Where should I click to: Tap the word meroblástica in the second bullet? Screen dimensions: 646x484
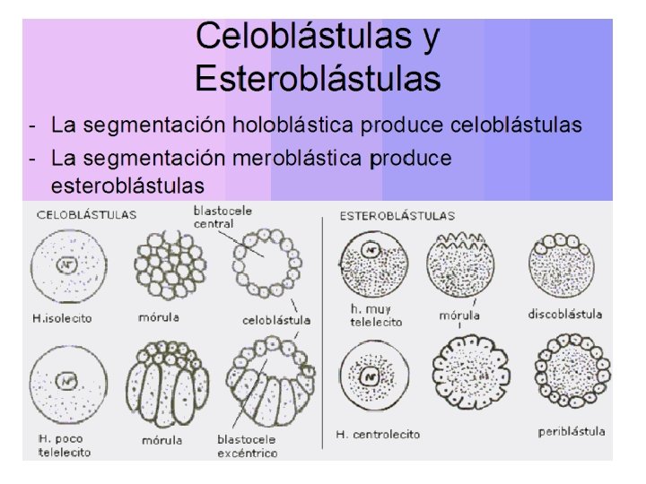[x=299, y=159]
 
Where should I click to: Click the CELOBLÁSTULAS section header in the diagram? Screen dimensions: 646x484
[x=86, y=215]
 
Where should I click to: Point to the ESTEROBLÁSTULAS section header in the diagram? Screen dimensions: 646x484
[x=397, y=215]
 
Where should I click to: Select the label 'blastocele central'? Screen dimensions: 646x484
[x=214, y=217]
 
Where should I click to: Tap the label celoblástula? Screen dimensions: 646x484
[x=276, y=320]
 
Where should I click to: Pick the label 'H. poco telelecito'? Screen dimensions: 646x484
[x=63, y=446]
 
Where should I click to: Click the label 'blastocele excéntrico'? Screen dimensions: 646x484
[x=247, y=446]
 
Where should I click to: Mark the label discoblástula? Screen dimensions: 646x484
[x=565, y=314]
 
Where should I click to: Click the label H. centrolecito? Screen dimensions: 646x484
[x=378, y=435]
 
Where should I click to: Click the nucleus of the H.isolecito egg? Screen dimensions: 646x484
[x=65, y=265]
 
